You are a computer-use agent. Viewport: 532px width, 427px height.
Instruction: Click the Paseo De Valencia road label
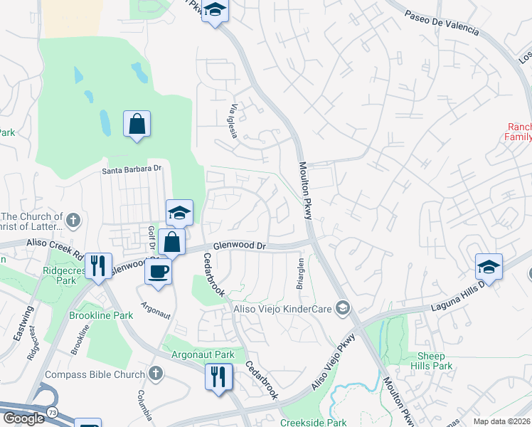(x=442, y=23)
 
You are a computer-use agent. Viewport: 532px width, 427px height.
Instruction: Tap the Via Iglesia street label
(x=233, y=121)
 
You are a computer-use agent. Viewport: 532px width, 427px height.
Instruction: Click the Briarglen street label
(x=300, y=273)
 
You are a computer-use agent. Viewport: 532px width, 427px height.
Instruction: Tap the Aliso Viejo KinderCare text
(x=284, y=308)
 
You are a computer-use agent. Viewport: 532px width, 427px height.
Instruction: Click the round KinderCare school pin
(x=344, y=307)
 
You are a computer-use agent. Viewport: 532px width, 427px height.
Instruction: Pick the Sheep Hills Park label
(x=431, y=361)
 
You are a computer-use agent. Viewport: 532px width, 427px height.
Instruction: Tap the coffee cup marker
(x=158, y=270)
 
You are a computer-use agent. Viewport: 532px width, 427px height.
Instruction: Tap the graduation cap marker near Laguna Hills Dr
(x=489, y=266)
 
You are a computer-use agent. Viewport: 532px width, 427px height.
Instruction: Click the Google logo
(x=23, y=418)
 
